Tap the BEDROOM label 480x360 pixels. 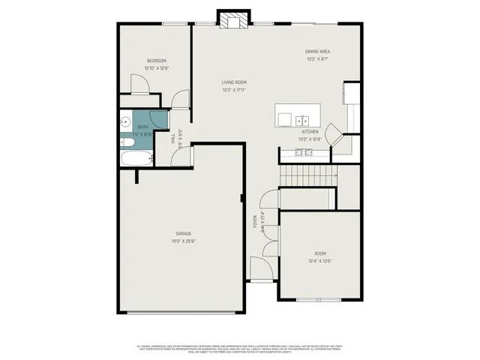(157, 61)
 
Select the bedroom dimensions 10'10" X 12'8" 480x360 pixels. (157, 68)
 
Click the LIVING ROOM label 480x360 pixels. (234, 82)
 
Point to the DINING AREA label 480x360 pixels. (318, 51)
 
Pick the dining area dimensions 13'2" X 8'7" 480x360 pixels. (318, 58)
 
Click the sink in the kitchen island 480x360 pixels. (302, 119)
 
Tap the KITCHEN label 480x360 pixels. (310, 131)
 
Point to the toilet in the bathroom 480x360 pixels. (128, 142)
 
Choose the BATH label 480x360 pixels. (142, 127)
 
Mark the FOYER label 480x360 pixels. (255, 220)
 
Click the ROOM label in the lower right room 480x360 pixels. (320, 253)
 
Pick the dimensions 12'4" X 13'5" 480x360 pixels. (320, 261)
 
